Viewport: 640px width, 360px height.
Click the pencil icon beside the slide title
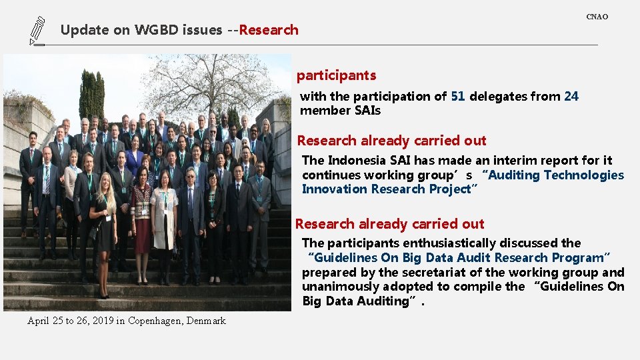point(37,31)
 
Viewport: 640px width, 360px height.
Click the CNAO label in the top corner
point(597,17)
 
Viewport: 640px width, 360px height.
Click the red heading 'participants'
point(336,75)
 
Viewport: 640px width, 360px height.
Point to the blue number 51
point(458,96)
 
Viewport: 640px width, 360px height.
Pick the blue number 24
point(571,96)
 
